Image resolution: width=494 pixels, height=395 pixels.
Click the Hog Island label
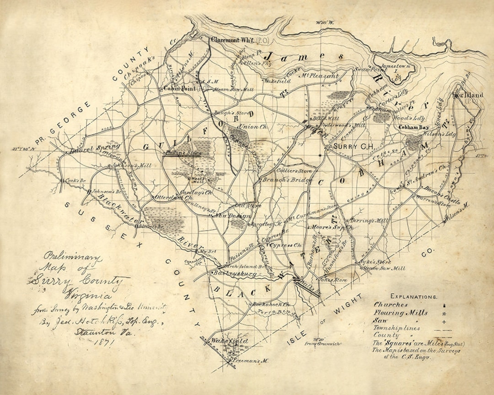point(467,95)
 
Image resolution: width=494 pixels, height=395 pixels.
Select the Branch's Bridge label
point(281,180)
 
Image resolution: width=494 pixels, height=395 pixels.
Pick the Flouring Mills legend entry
point(401,313)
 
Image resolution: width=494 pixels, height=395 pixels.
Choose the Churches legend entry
point(392,304)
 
